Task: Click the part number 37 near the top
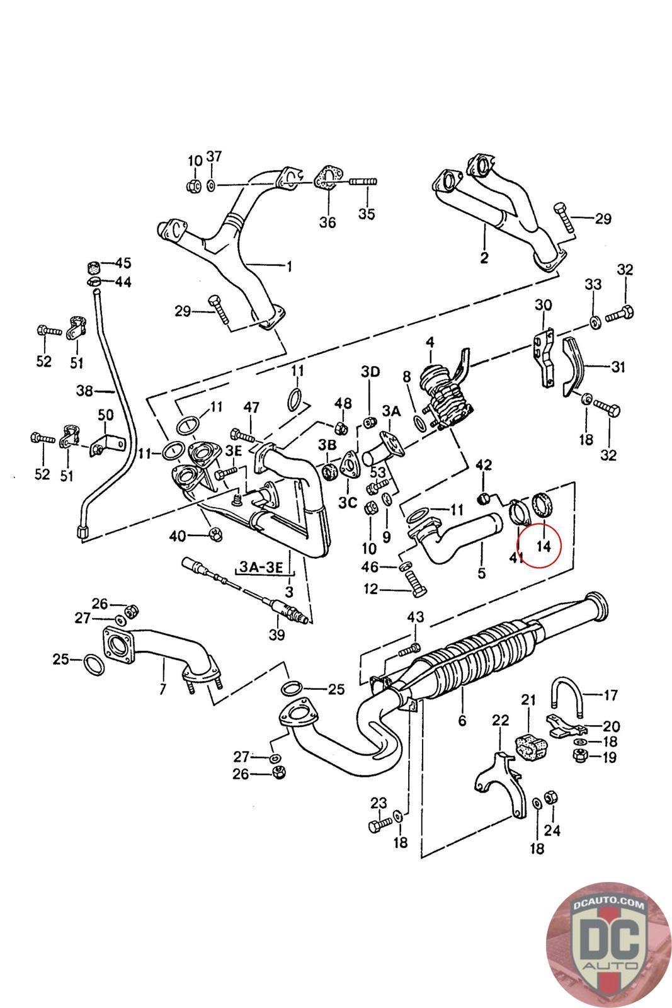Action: [214, 156]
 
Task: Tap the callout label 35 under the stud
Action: [367, 214]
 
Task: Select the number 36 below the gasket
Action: [327, 222]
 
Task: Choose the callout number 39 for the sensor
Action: [277, 636]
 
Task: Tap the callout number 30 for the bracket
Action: [544, 306]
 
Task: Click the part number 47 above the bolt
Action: [252, 408]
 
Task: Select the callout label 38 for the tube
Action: [85, 391]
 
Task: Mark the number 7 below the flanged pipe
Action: [162, 689]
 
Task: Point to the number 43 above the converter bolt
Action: [416, 616]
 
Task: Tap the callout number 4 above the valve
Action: [430, 343]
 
